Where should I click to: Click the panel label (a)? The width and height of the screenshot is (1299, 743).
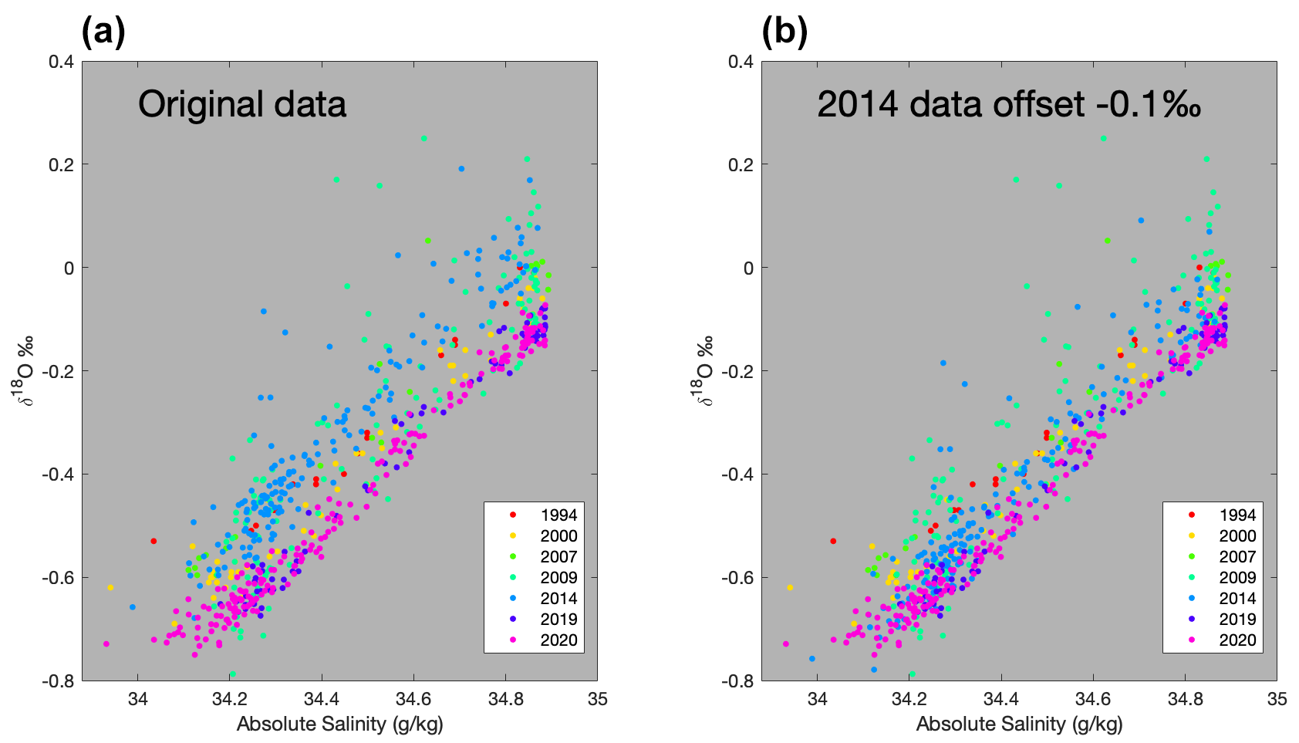point(103,33)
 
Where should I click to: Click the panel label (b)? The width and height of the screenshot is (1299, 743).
point(784,33)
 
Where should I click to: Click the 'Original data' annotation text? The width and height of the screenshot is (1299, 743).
point(242,104)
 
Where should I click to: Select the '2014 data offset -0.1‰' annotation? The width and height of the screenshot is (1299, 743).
point(1009,104)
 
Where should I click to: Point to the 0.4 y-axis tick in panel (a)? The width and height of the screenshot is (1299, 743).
point(62,61)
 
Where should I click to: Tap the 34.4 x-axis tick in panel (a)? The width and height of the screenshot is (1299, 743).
point(322,699)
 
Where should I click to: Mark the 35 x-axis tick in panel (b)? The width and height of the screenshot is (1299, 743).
point(1277,699)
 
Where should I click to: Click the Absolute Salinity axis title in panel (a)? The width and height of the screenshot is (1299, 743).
point(339,724)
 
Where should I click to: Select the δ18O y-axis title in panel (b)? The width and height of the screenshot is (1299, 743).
point(703,370)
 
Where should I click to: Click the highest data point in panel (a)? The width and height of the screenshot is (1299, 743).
point(423,139)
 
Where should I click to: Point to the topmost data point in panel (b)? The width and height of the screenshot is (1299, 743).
point(1103,139)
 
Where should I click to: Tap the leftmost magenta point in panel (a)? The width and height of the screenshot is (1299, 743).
point(106,643)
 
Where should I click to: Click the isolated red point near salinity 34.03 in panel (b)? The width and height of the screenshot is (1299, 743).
point(833,541)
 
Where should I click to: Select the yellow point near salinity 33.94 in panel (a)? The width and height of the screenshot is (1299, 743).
point(110,587)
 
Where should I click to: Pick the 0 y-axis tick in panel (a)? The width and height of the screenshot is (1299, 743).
point(68,268)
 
